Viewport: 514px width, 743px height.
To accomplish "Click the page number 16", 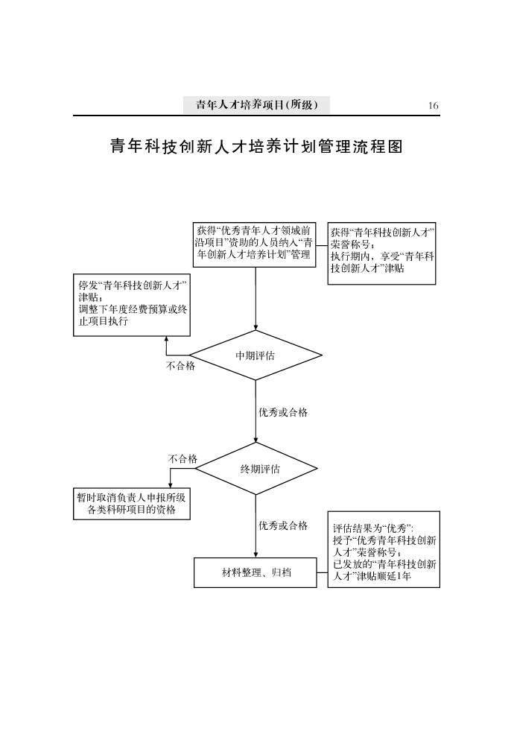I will coord(433,106).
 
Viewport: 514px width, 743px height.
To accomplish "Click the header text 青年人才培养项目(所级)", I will coord(257,105).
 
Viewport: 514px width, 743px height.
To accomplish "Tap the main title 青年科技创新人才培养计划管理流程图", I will coord(257,146).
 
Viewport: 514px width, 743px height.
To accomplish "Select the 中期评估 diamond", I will coord(256,356).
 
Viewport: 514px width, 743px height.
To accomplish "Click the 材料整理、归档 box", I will coord(256,572).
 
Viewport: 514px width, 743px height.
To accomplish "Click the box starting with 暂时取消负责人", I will coord(132,504).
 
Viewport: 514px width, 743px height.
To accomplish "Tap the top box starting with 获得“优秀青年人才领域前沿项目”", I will coord(256,243).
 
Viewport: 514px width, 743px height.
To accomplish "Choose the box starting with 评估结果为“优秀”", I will coord(384,549).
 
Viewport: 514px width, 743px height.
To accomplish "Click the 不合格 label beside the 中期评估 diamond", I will coord(180,366).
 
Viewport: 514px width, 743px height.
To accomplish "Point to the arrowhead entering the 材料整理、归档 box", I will coord(256,554).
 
